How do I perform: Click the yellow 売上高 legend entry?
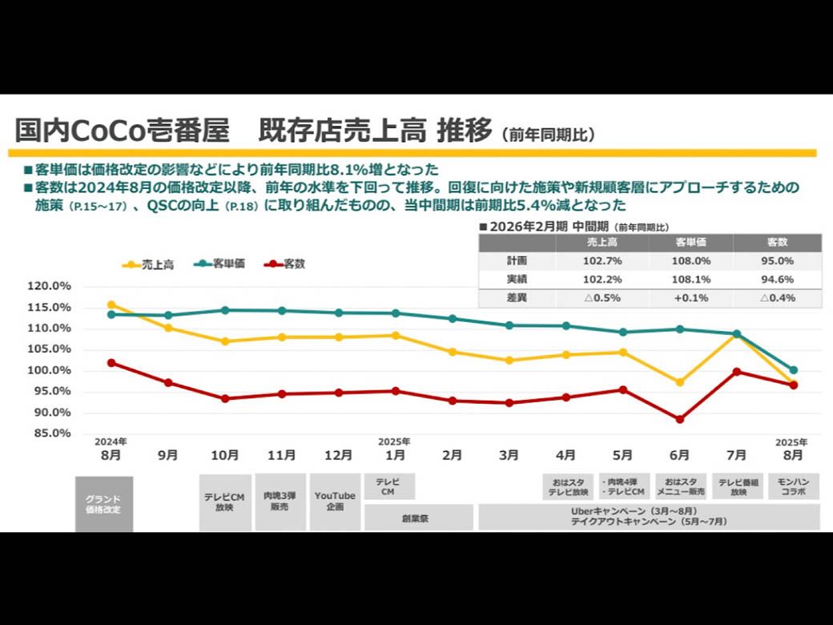[x=149, y=264]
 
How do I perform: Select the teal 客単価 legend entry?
[x=219, y=264]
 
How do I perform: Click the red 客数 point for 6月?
[x=679, y=419]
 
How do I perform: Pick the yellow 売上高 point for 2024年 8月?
[x=111, y=304]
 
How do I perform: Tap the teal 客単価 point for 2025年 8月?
[x=793, y=370]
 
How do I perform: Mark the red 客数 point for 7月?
[x=736, y=372]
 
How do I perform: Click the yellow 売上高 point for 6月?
[x=679, y=382]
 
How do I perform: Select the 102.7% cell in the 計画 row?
[x=601, y=261]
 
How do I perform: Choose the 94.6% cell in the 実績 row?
[x=777, y=280]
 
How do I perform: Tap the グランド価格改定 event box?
[x=104, y=504]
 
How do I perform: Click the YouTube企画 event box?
[x=335, y=502]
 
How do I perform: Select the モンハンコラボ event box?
[x=793, y=486]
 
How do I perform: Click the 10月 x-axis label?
[x=225, y=455]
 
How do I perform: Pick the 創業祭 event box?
[x=418, y=518]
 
